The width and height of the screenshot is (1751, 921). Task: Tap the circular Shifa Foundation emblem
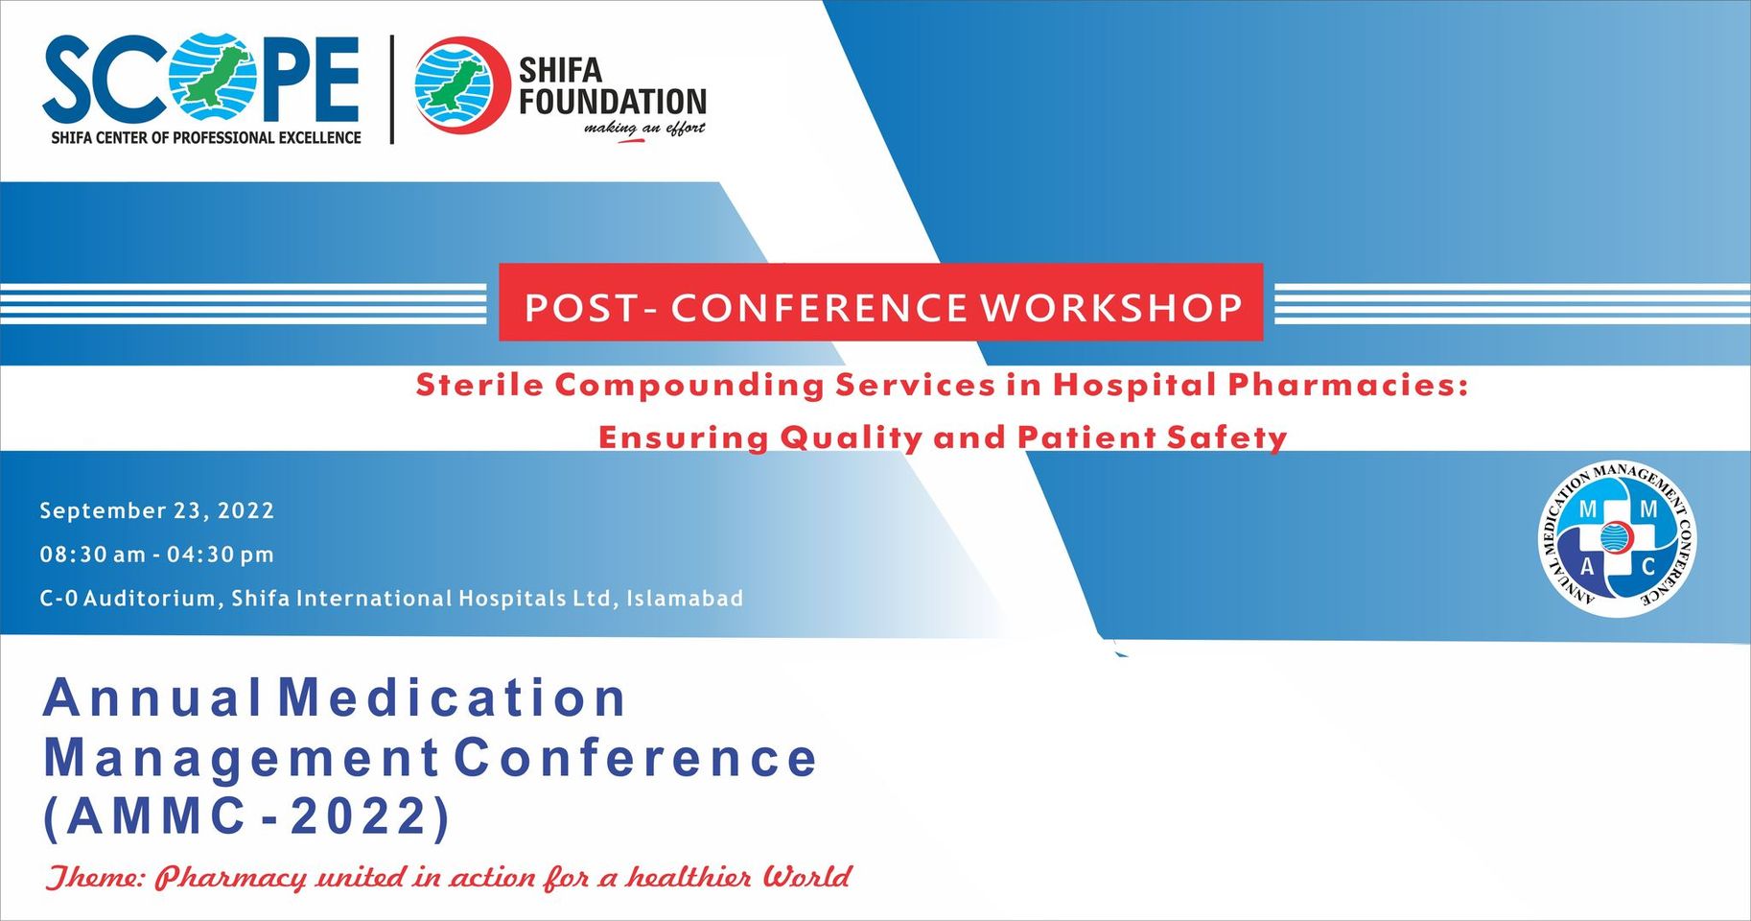(x=460, y=84)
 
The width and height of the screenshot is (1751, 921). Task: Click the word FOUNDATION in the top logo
(x=613, y=102)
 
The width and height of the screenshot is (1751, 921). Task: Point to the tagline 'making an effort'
(x=644, y=129)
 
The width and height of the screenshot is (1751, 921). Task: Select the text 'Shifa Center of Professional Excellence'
(x=206, y=137)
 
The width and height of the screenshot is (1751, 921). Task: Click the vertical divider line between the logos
(x=391, y=89)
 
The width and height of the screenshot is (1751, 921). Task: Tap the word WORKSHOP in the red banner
(x=1111, y=308)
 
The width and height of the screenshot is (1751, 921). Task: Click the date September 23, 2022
(x=157, y=510)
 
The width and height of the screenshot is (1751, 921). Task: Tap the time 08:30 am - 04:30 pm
(x=157, y=555)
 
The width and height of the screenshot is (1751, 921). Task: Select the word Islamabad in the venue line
(x=685, y=599)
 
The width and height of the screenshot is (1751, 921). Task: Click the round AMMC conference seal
(x=1617, y=538)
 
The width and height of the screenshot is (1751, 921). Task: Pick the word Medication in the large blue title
(x=452, y=697)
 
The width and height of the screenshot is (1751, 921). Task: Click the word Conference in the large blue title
(x=635, y=758)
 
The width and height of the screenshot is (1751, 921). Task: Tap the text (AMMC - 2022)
(x=246, y=817)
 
